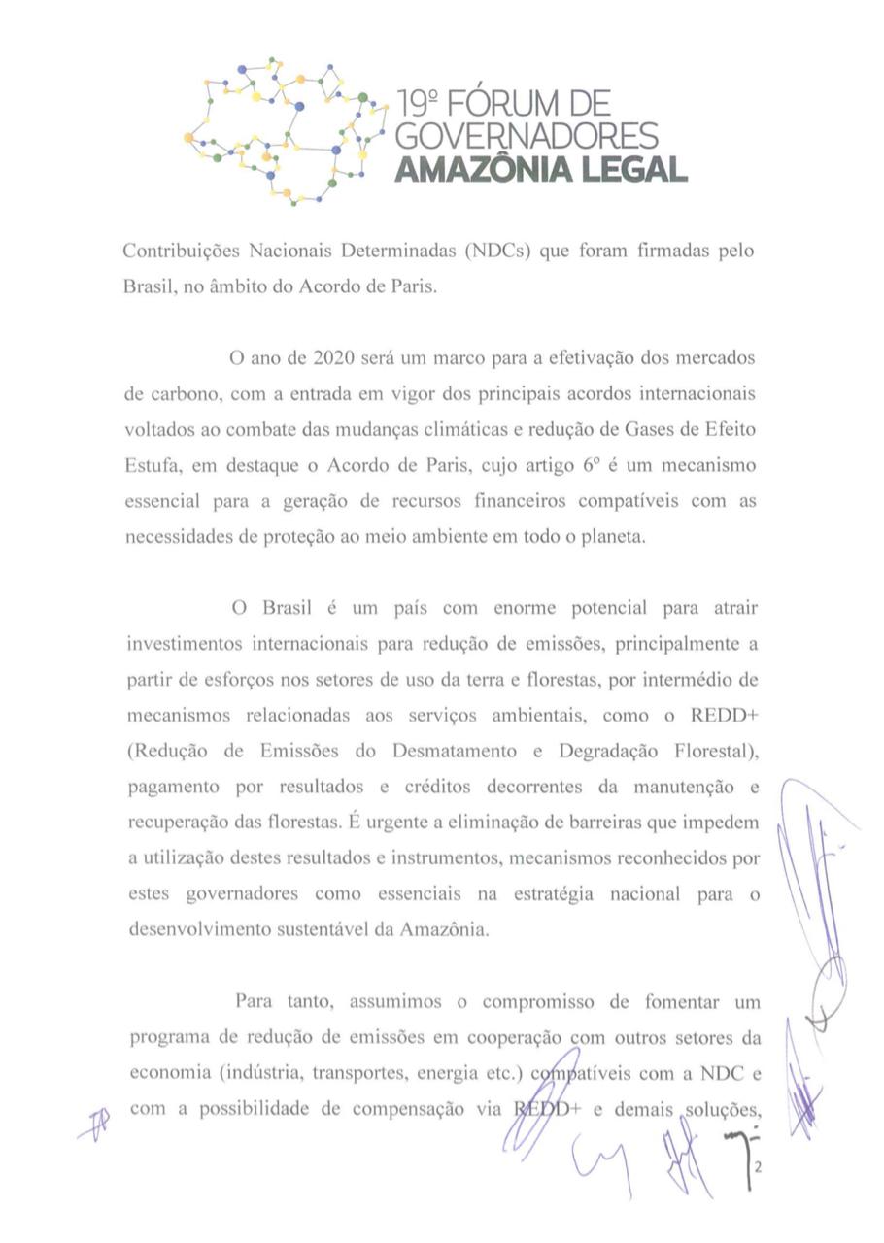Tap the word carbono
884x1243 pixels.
point(180,393)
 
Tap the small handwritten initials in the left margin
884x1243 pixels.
point(95,1125)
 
